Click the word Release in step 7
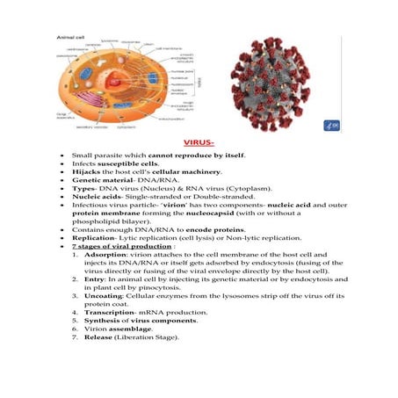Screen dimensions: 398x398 click(x=102, y=362)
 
